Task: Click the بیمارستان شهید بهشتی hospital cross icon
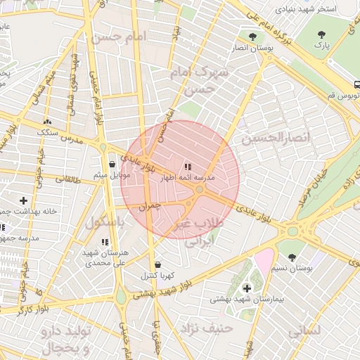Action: tap(247, 288)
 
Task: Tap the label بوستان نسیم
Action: tap(293, 269)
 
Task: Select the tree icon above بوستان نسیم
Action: tap(292, 257)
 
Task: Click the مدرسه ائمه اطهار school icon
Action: tap(187, 167)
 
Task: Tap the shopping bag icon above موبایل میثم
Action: tap(112, 164)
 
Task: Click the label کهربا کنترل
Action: tap(157, 274)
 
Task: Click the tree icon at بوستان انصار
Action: tap(252, 36)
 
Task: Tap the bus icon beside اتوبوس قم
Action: tap(357, 83)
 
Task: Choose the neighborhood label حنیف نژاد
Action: tap(202, 328)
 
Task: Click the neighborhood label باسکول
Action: tap(103, 223)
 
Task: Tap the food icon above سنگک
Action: tap(48, 122)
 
